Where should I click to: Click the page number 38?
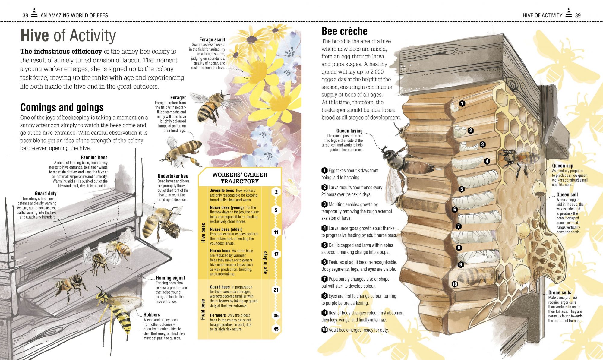(x=25, y=15)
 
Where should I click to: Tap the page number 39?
(x=578, y=15)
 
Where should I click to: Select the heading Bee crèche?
(x=344, y=31)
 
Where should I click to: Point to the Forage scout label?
(x=212, y=39)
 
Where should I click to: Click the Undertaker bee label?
(x=173, y=176)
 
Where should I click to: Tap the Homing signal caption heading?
(x=170, y=278)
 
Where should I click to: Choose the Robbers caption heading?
(x=152, y=315)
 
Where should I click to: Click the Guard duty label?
(x=46, y=194)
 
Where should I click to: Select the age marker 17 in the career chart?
(x=276, y=254)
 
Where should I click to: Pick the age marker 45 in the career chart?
(x=276, y=329)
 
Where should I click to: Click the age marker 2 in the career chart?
(x=276, y=192)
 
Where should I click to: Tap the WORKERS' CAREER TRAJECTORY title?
(x=239, y=178)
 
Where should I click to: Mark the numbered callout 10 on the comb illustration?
(x=455, y=284)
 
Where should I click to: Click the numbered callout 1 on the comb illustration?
(x=462, y=104)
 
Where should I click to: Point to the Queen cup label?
(x=562, y=166)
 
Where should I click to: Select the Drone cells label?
(x=560, y=292)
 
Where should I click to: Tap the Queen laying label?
(x=349, y=131)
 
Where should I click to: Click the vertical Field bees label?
(x=203, y=309)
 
